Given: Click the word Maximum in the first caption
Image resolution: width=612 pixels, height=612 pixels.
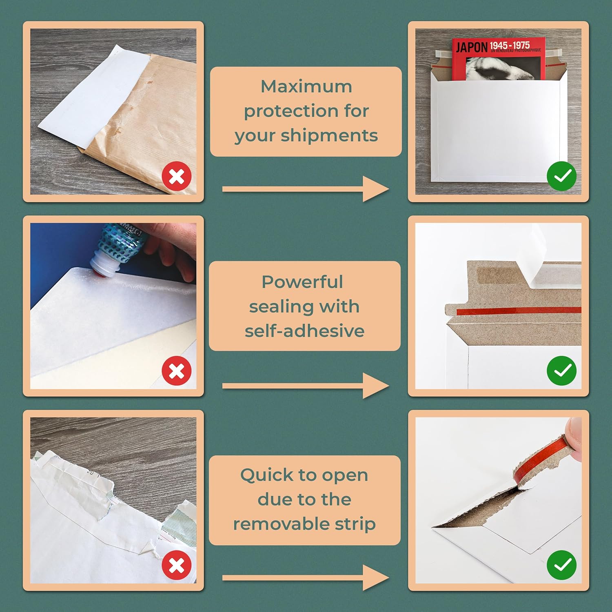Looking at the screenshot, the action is [x=306, y=86].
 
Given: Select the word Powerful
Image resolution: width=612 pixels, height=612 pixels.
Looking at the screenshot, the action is [x=302, y=282].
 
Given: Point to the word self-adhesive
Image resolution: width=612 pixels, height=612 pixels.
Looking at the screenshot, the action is [x=304, y=331].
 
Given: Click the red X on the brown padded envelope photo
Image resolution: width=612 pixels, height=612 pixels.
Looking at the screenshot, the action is [x=177, y=177].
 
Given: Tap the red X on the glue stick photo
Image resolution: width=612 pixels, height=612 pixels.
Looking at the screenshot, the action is [x=177, y=371].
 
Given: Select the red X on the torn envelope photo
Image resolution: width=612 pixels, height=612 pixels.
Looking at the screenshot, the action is [x=177, y=565].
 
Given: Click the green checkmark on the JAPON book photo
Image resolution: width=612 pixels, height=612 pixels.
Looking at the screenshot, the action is [x=562, y=176].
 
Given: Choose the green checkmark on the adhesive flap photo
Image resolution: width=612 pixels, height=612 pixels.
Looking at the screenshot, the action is [x=562, y=370].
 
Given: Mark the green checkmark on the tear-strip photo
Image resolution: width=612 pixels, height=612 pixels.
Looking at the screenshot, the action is [x=562, y=565].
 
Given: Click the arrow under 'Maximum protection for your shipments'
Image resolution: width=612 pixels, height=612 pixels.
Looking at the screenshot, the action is [x=305, y=189].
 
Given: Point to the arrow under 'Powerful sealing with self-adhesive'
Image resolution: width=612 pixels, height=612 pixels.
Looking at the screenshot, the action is [x=305, y=386].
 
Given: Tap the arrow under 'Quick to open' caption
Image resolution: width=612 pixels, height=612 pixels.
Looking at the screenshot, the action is [x=305, y=578].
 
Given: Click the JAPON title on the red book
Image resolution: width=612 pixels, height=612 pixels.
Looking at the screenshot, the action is [x=472, y=47].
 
